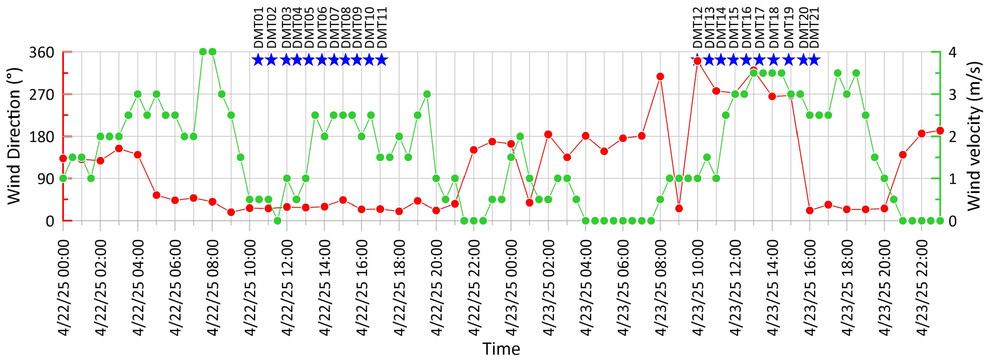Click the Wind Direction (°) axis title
pos(13,136)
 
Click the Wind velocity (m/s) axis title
pos(974,136)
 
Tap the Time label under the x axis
pos(501,349)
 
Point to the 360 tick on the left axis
pos(42,52)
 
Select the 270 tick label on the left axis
pos(42,94)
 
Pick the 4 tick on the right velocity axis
pos(953,52)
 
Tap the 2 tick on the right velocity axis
pos(953,136)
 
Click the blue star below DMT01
pos(258,60)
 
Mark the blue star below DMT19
pos(789,60)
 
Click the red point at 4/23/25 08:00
pos(660,77)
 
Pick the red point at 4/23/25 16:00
pos(810,210)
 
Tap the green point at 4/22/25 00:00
pos(63,178)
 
